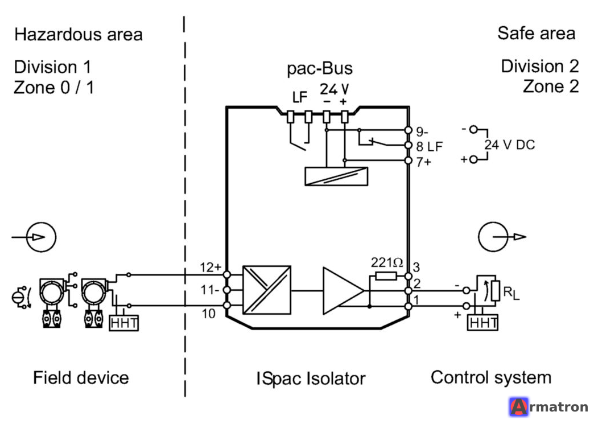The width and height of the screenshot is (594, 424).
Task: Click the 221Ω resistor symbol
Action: click(386, 276)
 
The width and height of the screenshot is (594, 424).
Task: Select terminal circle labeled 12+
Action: click(227, 275)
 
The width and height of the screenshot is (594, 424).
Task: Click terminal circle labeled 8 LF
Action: click(408, 145)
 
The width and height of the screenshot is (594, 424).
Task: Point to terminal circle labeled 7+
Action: click(408, 160)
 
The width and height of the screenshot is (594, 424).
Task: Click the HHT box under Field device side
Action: click(124, 323)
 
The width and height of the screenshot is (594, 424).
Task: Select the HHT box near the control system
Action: click(482, 323)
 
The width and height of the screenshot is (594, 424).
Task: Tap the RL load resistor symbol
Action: click(496, 291)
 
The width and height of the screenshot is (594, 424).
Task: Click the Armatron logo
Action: click(549, 407)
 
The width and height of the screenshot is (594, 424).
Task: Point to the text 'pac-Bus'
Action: click(320, 69)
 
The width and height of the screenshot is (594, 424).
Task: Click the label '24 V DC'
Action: click(510, 145)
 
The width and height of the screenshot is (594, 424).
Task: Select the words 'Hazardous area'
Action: click(79, 35)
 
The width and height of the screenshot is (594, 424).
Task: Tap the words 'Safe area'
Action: click(537, 34)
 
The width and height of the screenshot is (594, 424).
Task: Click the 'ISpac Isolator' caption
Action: click(311, 378)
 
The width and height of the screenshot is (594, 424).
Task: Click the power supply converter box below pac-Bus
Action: click(336, 176)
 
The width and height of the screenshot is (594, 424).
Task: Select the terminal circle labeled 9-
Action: click(408, 130)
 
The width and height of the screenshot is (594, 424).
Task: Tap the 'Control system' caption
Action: click(491, 378)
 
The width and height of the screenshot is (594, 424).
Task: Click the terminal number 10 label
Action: click(208, 314)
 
